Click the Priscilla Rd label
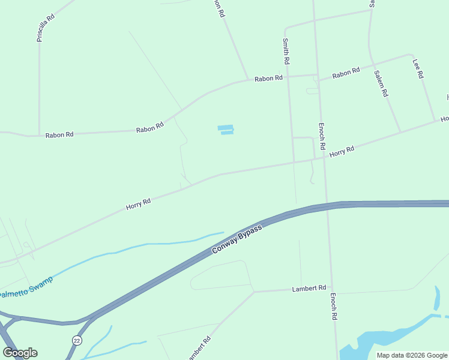point(46,28)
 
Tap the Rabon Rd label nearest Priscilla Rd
point(59,135)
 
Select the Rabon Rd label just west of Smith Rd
point(268,79)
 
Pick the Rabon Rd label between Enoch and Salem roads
point(346,73)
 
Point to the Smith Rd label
point(286,52)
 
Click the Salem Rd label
point(381,84)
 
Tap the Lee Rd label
point(418,68)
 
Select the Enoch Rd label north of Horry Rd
point(322,136)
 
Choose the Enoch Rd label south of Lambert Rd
point(334,306)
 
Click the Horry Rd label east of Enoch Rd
point(342,151)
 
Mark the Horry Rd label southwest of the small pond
point(138,204)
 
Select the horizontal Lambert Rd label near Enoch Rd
point(309,288)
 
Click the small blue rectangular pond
point(225,130)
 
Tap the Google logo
point(20,353)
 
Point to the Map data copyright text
point(411,355)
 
